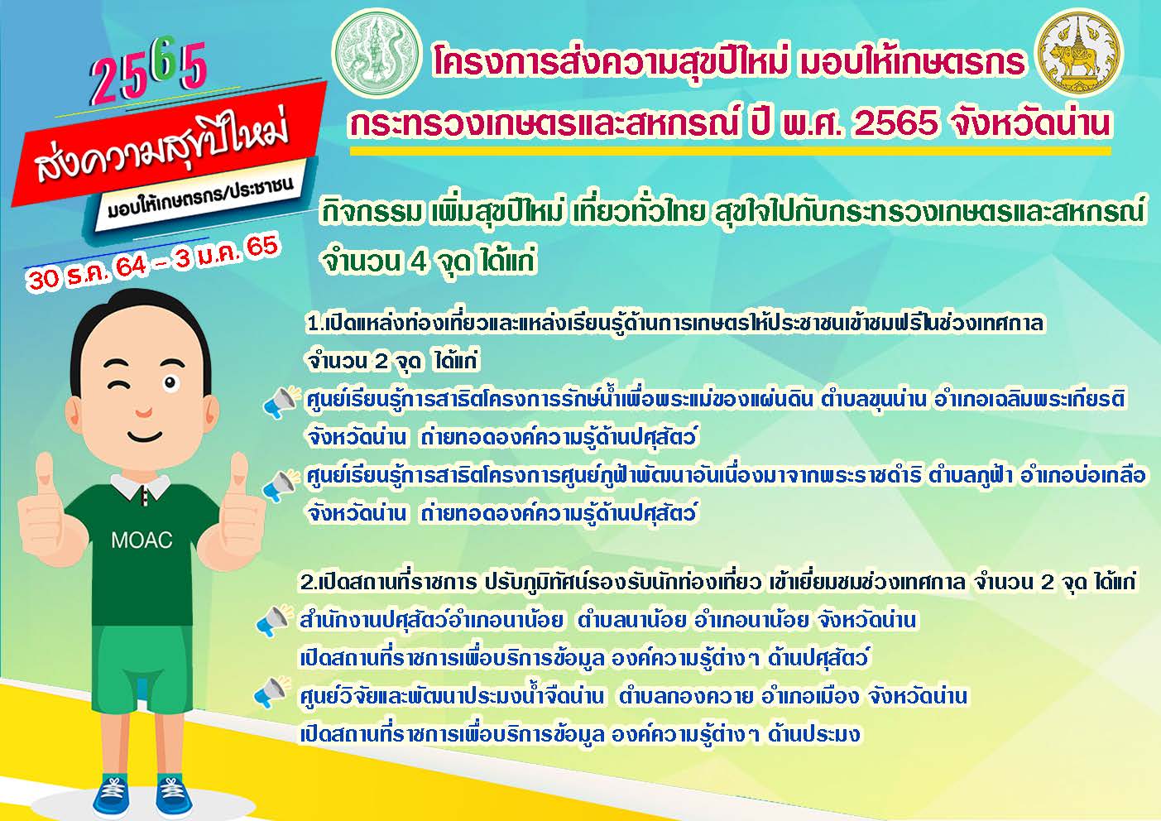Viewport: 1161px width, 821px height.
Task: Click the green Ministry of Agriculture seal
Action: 376,54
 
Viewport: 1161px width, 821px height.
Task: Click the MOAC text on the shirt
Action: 142,540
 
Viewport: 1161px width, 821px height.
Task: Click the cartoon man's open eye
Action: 170,383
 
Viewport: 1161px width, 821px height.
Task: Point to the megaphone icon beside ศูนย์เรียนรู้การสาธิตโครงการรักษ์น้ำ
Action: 281,401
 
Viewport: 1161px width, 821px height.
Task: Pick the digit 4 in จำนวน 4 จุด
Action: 417,261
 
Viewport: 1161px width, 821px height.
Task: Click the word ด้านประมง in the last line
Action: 815,734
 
